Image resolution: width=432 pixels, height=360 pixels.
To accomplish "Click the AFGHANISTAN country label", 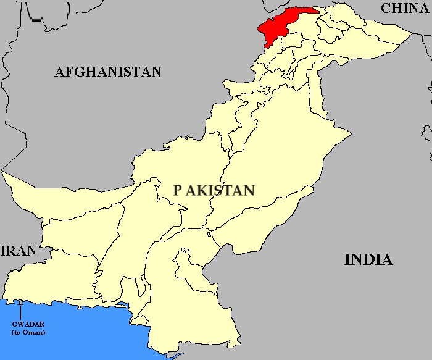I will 108,72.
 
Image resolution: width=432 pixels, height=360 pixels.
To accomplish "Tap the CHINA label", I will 404,8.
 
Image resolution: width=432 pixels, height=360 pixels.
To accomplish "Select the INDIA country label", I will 368,259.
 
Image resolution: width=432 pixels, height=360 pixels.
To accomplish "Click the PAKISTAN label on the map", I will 214,190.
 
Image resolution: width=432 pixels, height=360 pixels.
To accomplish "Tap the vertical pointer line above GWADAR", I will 21,311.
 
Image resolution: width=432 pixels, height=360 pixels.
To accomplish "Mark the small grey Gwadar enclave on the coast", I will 21,302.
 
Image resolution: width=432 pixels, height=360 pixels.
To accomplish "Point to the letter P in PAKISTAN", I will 178,190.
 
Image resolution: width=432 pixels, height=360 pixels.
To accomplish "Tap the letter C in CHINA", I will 387,8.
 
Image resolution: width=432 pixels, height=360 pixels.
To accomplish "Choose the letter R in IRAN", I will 9,251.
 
